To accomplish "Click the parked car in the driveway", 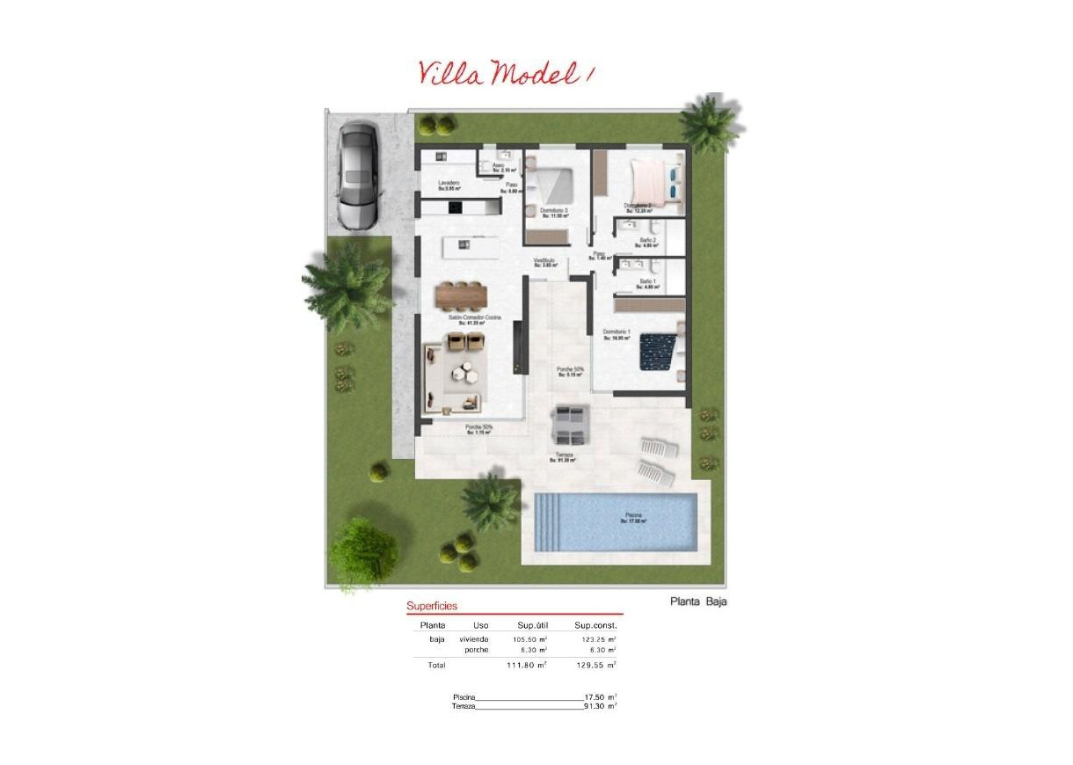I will point(358,176).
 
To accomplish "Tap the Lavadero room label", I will point(449,184).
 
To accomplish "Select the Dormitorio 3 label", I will point(553,211).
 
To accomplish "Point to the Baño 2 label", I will point(647,240).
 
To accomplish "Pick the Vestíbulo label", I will point(545,261).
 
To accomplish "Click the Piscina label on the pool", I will point(633,516).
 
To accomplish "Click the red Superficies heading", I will point(432,606).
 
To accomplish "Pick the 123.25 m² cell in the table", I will point(595,639).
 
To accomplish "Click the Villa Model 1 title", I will point(507,73).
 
